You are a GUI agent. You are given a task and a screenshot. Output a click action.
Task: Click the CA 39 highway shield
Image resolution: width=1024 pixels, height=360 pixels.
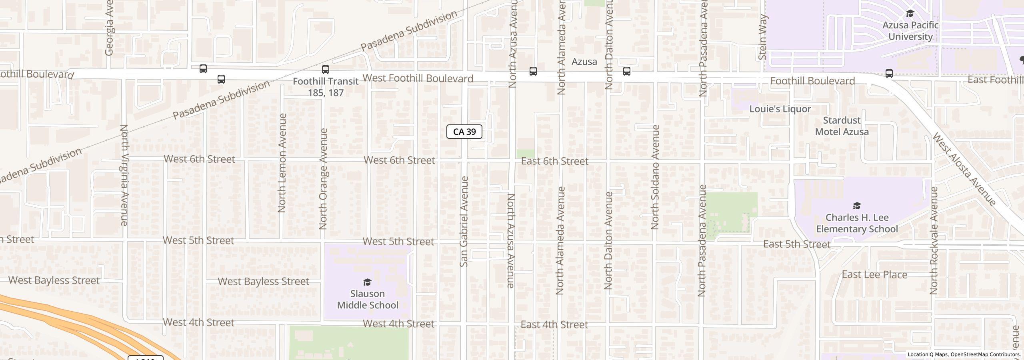pyautogui.click(x=464, y=132)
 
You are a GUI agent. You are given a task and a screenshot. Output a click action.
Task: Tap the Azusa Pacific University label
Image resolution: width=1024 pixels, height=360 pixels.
pyautogui.click(x=910, y=31)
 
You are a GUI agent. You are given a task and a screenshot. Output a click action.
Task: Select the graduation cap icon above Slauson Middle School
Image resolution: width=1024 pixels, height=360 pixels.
pyautogui.click(x=367, y=282)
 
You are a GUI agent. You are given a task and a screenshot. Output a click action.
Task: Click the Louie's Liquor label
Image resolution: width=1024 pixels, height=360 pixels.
pyautogui.click(x=780, y=109)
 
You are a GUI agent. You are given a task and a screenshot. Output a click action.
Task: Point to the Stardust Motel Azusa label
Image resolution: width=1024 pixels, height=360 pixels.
pyautogui.click(x=842, y=126)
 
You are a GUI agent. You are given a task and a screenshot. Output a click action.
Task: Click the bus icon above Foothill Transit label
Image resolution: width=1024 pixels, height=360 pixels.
pyautogui.click(x=326, y=70)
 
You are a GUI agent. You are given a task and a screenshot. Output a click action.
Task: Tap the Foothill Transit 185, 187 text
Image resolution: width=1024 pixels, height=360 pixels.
pyautogui.click(x=326, y=87)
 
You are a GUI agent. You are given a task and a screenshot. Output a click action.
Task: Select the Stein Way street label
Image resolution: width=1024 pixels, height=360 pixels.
pyautogui.click(x=762, y=37)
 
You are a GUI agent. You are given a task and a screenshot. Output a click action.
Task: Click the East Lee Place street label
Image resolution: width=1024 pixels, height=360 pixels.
pyautogui.click(x=874, y=275)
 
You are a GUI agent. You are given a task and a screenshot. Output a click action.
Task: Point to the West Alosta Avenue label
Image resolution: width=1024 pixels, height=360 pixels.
pyautogui.click(x=964, y=169)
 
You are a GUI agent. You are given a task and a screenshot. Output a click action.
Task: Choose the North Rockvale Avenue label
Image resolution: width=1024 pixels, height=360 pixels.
pyautogui.click(x=934, y=241)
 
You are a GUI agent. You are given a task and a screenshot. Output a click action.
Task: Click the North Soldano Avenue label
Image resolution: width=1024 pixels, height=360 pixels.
pyautogui.click(x=655, y=177)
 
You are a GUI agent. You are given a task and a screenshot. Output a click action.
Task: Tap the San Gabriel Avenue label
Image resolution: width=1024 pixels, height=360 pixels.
pyautogui.click(x=464, y=222)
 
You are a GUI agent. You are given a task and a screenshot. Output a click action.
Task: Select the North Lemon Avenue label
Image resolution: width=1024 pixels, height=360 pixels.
pyautogui.click(x=282, y=163)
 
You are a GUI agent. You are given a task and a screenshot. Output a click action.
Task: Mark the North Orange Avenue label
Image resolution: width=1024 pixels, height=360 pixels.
pyautogui.click(x=324, y=179)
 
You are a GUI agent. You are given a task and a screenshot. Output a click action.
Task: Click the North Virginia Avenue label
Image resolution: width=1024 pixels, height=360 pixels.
pyautogui.click(x=124, y=175)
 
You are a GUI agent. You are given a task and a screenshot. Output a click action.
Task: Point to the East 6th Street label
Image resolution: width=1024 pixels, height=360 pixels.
pyautogui.click(x=554, y=161)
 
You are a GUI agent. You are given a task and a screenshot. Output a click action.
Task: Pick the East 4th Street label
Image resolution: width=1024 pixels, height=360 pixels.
pyautogui.click(x=554, y=324)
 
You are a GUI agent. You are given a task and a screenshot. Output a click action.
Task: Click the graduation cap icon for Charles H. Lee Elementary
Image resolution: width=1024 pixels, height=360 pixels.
pyautogui.click(x=857, y=206)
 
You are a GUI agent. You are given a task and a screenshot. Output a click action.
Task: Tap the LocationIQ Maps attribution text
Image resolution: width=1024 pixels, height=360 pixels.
pyautogui.click(x=964, y=354)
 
